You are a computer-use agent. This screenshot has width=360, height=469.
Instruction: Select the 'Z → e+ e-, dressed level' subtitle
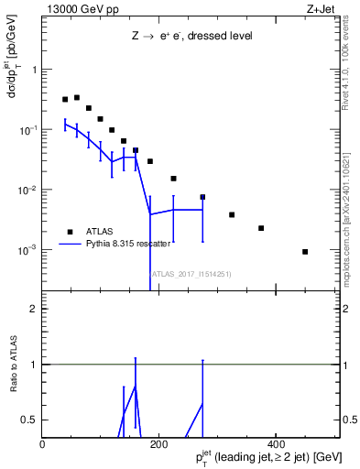click(191, 37)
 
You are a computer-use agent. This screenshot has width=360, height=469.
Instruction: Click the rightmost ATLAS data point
click(305, 251)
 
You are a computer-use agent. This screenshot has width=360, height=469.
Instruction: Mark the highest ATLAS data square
click(77, 97)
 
